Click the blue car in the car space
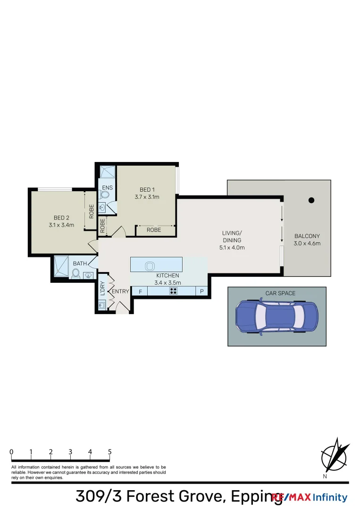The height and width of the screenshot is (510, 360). coord(277,317)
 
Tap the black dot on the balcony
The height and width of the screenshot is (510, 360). coord(311,200)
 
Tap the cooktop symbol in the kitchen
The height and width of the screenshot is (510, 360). coord(173,291)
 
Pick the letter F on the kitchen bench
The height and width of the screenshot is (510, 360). coord(140,291)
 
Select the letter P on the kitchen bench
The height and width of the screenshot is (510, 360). coord(202,291)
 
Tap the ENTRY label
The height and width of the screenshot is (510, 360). coord(120,291)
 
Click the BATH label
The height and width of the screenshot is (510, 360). coord(80,263)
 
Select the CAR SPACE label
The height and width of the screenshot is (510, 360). coord(280,293)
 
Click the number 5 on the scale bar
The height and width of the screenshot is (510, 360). coord(109,452)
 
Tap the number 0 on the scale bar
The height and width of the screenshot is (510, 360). coord(11,452)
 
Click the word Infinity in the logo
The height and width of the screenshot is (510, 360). coord(330,497)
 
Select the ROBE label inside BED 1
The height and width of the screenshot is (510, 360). coord(154,230)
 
